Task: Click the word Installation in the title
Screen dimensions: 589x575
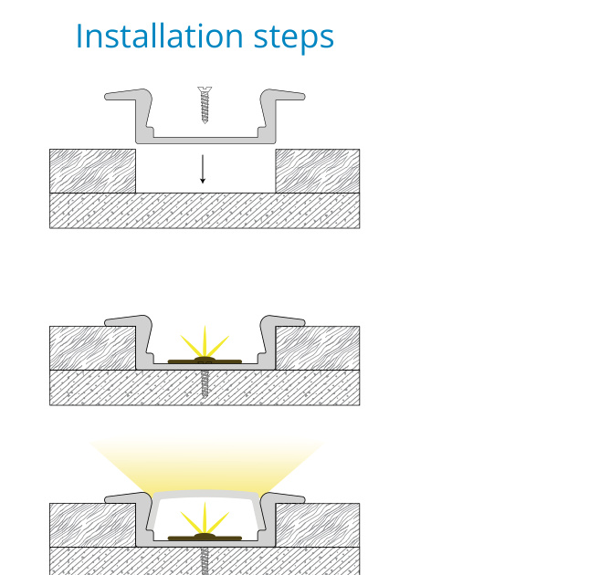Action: (160, 36)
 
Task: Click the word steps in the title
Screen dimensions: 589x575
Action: (294, 38)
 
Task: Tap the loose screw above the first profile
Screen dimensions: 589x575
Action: (205, 105)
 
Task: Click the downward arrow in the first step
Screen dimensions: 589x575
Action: (203, 169)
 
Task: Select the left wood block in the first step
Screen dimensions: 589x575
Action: (93, 172)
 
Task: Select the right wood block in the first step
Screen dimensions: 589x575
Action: (318, 172)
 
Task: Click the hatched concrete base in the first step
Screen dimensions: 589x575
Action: (205, 211)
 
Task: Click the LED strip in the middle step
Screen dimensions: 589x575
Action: (205, 361)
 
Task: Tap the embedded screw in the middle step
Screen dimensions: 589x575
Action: (205, 383)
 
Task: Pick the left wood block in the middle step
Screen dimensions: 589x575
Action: (93, 349)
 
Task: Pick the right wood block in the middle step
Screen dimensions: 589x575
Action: (318, 349)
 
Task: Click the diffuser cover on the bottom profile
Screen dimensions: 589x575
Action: (205, 495)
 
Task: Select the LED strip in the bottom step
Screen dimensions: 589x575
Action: (205, 538)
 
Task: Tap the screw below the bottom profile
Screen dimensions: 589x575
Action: (205, 561)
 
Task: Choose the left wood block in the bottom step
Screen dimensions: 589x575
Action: (93, 525)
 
